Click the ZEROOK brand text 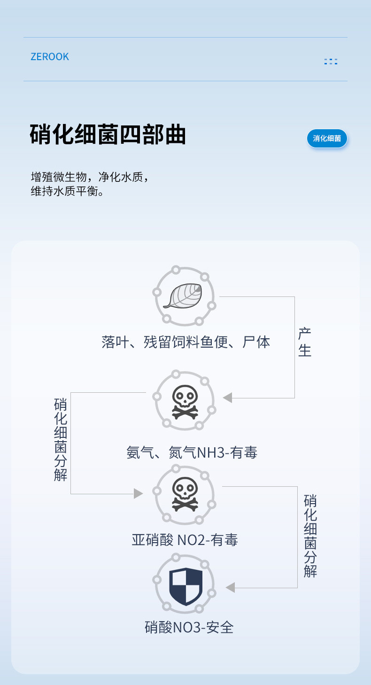click(50, 57)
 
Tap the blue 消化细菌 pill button click(327, 139)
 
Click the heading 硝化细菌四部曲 click(108, 135)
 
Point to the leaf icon click(183, 296)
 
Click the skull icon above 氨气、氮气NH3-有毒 click(185, 402)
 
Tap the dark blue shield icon click(185, 586)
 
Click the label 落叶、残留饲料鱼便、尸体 click(186, 342)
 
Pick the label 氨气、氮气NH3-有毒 click(192, 452)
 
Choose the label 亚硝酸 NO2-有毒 click(185, 540)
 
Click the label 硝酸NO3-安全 click(189, 627)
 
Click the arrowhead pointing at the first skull click(228, 398)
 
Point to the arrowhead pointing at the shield click(230, 588)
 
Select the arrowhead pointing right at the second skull click(138, 494)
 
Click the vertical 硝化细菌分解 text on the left click(61, 439)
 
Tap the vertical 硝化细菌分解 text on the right click(310, 536)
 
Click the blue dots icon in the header click(331, 62)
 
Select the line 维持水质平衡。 click(67, 192)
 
